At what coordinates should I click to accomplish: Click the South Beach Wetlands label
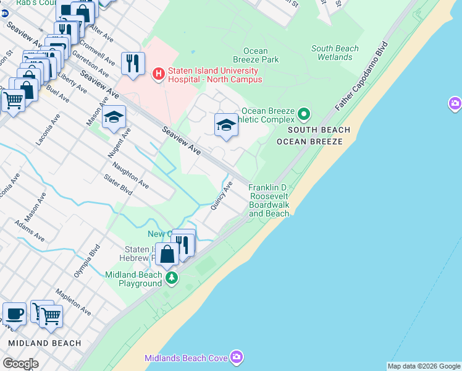pos(335,53)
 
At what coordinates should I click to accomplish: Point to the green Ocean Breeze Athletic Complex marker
pos(303,114)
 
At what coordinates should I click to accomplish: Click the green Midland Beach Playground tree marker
pos(172,279)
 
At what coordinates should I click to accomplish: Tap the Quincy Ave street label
pos(222,195)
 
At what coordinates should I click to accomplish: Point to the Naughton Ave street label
pos(130,176)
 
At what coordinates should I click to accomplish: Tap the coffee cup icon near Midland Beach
pos(14,313)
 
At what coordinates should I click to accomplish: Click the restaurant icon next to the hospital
pos(133,63)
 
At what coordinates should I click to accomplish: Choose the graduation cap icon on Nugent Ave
pos(114,117)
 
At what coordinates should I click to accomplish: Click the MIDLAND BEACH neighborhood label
pos(45,343)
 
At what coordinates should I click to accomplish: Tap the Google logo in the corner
pos(21,364)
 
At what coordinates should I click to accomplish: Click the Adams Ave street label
pos(30,231)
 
